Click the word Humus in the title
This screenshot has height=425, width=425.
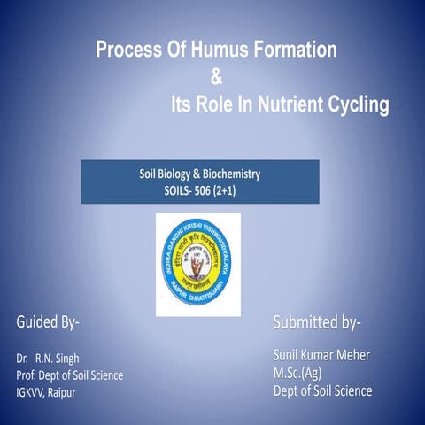(212, 50)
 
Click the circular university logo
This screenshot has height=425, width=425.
(198, 263)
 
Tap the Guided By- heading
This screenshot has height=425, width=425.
(48, 321)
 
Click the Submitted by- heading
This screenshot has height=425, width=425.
(317, 321)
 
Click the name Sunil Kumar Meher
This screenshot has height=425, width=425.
(321, 356)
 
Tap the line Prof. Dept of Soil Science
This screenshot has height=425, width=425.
(70, 375)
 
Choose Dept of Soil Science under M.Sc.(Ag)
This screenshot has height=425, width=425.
(322, 390)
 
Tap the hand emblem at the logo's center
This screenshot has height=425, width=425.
(198, 262)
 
